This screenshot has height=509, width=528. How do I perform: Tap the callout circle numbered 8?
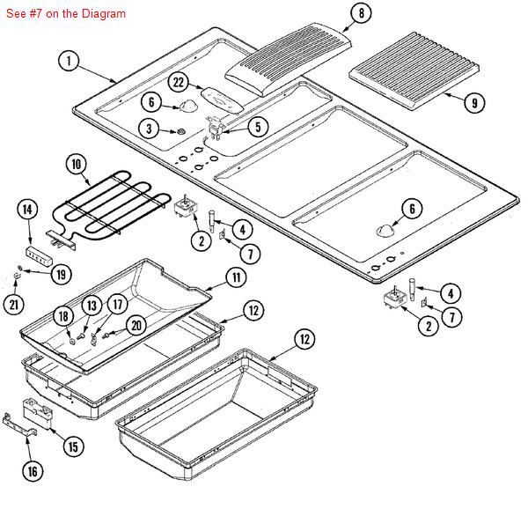click(x=359, y=13)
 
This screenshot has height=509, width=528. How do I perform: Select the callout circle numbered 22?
click(x=180, y=83)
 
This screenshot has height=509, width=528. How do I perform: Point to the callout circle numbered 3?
click(x=150, y=130)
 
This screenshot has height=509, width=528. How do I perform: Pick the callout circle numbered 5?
click(x=257, y=126)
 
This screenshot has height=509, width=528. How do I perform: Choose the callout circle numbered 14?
click(x=29, y=209)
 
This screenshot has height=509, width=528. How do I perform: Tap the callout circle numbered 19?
click(x=60, y=275)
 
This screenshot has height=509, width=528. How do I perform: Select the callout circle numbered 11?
click(x=236, y=277)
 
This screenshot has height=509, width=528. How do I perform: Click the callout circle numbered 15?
click(x=73, y=446)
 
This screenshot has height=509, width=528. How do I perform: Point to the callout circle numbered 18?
click(x=62, y=316)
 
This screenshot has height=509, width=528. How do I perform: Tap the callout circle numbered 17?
click(x=116, y=306)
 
